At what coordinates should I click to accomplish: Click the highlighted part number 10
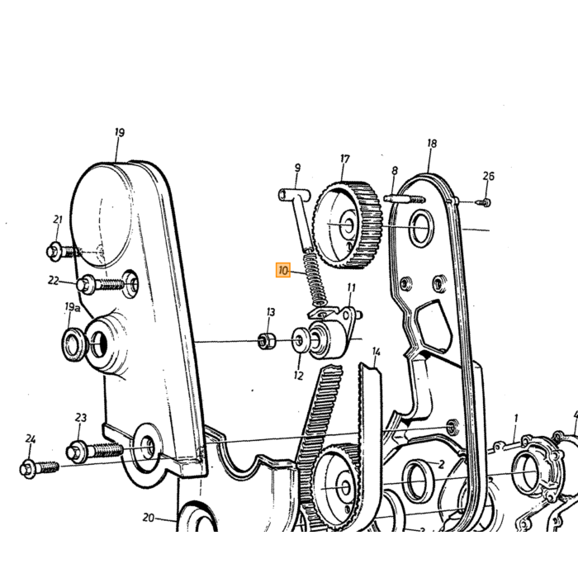pyautogui.click(x=283, y=271)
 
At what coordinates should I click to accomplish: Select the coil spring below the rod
pyautogui.click(x=316, y=277)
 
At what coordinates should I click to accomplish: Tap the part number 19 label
pyautogui.click(x=120, y=132)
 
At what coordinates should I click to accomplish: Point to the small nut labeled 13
pyautogui.click(x=267, y=341)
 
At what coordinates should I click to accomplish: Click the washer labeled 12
pyautogui.click(x=300, y=339)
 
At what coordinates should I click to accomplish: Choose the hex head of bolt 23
pyautogui.click(x=74, y=451)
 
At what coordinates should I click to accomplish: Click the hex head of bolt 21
pyautogui.click(x=54, y=251)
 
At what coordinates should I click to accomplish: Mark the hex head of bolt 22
pyautogui.click(x=85, y=284)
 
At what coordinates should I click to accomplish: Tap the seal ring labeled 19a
pyautogui.click(x=73, y=343)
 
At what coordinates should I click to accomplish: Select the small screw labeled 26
pyautogui.click(x=483, y=202)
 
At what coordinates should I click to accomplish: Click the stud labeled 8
pyautogui.click(x=405, y=199)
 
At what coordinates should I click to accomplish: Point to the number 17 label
pyautogui.click(x=344, y=159)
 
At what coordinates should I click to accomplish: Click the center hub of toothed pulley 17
pyautogui.click(x=348, y=225)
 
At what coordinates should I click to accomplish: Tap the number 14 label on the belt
pyautogui.click(x=376, y=352)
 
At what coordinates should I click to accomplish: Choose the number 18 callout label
pyautogui.click(x=432, y=143)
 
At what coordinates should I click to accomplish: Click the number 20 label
pyautogui.click(x=148, y=518)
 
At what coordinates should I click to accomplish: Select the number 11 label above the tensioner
pyautogui.click(x=351, y=287)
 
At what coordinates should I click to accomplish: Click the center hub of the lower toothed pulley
pyautogui.click(x=345, y=487)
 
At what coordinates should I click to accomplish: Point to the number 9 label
pyautogui.click(x=297, y=168)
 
